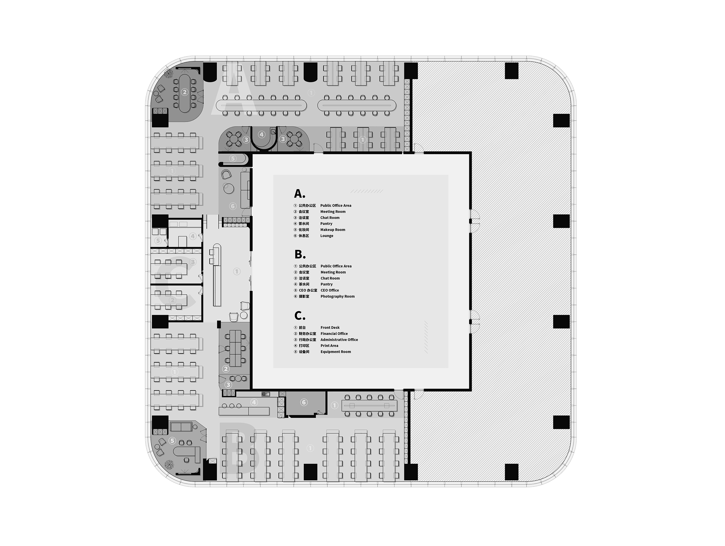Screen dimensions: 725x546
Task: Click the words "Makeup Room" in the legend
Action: (x=333, y=230)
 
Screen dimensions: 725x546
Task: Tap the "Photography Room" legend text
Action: (x=338, y=296)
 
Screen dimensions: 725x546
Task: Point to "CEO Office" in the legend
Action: (x=330, y=290)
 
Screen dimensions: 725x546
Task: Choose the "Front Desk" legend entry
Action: (x=330, y=327)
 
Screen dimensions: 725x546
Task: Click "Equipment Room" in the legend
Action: (x=336, y=352)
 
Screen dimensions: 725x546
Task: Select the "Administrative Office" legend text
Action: (x=339, y=340)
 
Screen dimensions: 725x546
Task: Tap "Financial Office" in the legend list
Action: (x=334, y=334)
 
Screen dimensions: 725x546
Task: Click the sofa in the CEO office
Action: (x=181, y=426)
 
